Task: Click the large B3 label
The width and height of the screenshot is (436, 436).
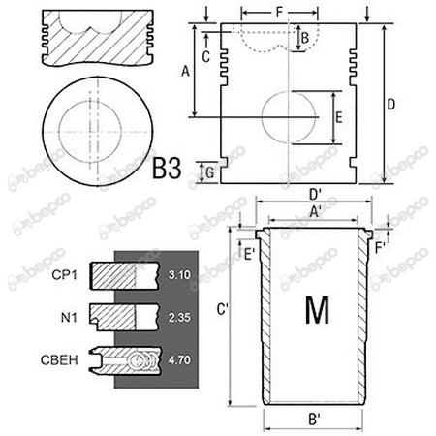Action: pos(167,168)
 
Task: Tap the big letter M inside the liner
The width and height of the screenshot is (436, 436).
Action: pos(317,310)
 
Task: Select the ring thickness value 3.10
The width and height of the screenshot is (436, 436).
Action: pos(179,275)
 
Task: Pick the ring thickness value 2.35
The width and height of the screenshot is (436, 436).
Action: pos(179,317)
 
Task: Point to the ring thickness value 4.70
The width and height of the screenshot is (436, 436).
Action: pos(179,359)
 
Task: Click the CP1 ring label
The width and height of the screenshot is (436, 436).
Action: pos(65,275)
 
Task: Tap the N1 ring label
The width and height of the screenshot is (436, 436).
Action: pos(69,318)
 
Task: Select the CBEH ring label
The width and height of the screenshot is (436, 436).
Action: pos(59,360)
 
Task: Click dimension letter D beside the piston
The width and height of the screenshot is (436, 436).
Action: pos(390,105)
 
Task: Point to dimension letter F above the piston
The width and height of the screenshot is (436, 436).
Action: pos(279,13)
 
